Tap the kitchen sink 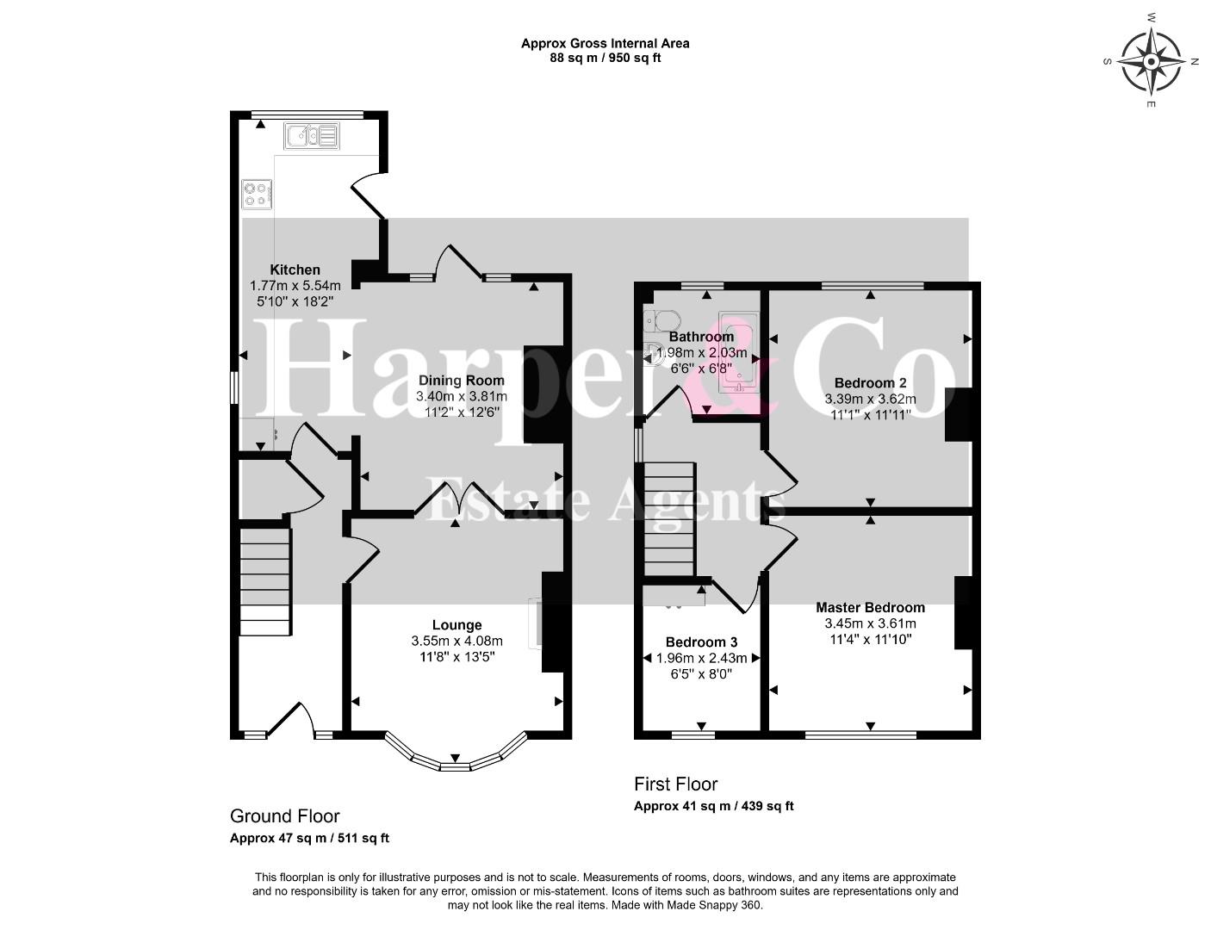(312, 136)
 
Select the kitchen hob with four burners (257, 195)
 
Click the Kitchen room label (295, 270)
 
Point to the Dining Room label (462, 381)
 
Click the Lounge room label (457, 625)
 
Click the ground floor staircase (265, 581)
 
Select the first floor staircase (669, 519)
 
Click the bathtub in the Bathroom (739, 352)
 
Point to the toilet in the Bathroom (662, 321)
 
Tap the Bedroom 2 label (871, 383)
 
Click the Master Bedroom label (871, 608)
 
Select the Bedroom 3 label (702, 642)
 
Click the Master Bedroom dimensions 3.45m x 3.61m (871, 623)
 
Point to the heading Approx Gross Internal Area (605, 43)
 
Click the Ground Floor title (285, 816)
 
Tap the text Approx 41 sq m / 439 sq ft (714, 806)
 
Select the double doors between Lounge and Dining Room (459, 499)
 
